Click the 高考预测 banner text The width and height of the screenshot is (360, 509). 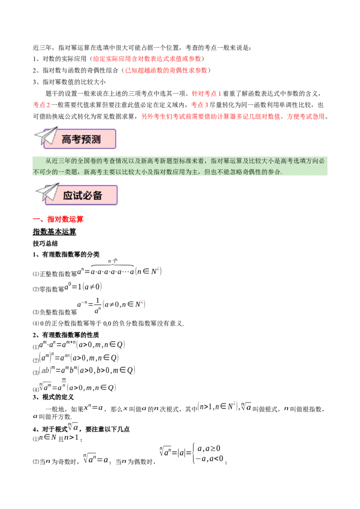coord(81,139)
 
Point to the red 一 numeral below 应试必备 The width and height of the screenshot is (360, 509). coord(37,219)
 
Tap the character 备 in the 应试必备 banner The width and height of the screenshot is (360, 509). coord(97,195)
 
